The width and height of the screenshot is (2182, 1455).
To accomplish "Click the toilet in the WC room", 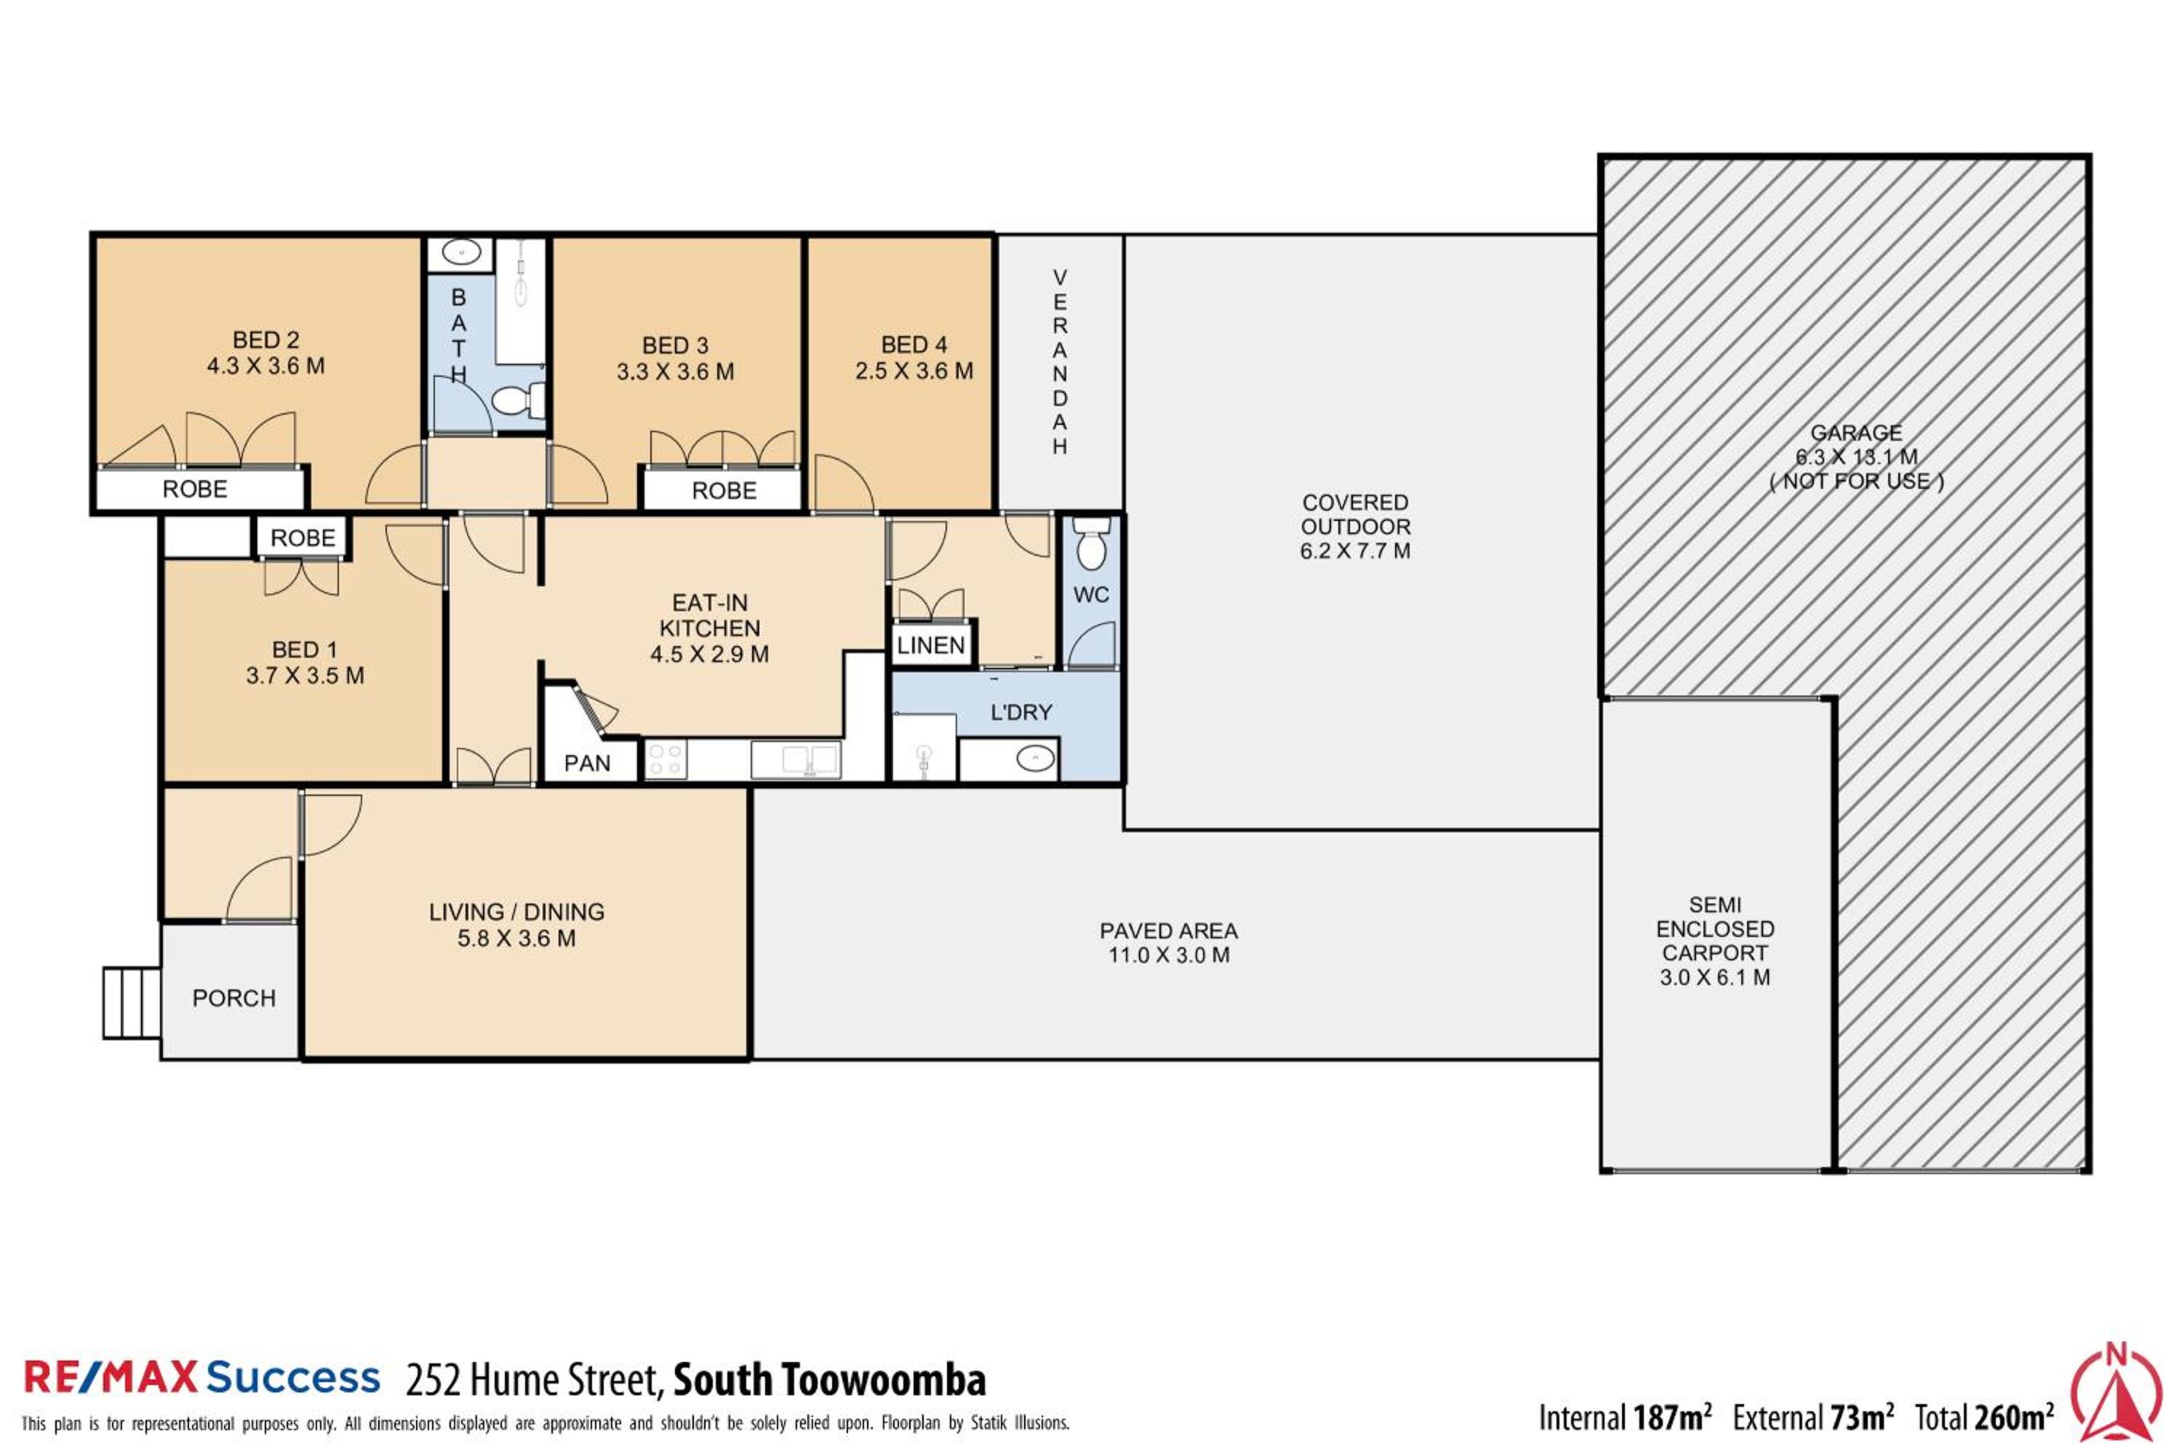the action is coord(1091,543).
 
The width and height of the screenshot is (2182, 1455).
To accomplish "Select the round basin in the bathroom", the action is coord(460,252).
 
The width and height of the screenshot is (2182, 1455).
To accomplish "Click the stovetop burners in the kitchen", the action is coord(666,759).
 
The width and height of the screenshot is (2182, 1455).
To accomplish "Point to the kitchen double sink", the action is coord(796,759).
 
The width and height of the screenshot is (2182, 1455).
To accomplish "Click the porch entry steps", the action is coord(132,1002).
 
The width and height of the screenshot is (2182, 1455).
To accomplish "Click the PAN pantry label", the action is coord(587,764).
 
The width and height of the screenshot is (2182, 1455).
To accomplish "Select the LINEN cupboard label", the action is coord(930,646).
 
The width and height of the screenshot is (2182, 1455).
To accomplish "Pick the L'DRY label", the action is coord(1021,713).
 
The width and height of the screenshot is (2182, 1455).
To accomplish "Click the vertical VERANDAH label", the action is coord(1060,362).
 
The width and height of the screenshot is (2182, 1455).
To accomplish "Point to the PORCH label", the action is coord(233,998).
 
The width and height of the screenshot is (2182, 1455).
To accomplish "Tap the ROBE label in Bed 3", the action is coord(724,491).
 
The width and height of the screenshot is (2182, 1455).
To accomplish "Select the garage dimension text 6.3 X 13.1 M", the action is coord(1856,457).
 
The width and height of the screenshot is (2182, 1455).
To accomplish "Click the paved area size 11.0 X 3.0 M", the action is coord(1169,954).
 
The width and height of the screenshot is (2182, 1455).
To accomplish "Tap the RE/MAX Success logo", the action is coord(201,1377).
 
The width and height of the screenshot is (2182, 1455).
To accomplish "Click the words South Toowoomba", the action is coord(829,1380).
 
